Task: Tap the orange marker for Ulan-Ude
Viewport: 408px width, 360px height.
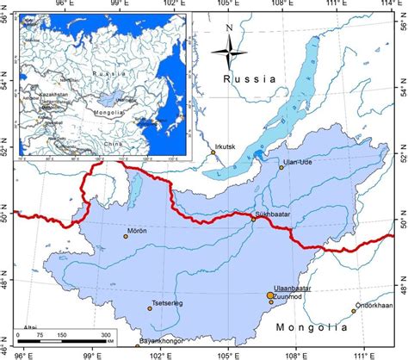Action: (x=281, y=167)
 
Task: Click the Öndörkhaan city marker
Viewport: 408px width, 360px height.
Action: (x=353, y=311)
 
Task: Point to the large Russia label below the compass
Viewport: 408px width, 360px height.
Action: (x=249, y=79)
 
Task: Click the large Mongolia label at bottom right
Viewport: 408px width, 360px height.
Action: (x=311, y=327)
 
